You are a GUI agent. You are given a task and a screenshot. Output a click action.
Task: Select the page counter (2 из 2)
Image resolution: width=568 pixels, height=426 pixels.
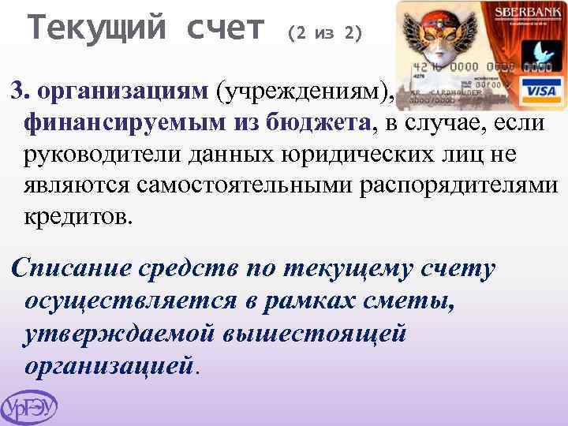(x=326, y=33)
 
